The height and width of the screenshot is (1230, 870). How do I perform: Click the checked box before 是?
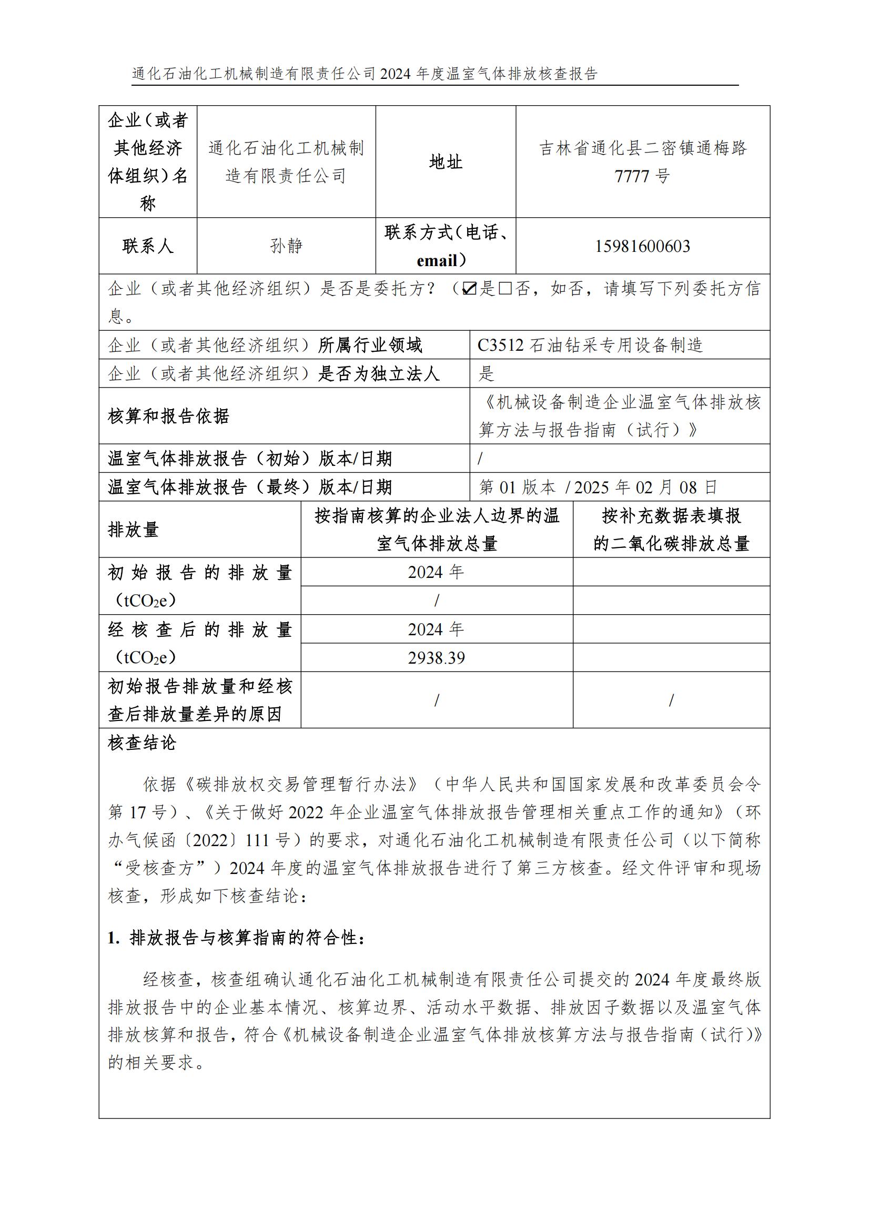point(469,289)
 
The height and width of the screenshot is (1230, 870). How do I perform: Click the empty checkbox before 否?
point(504,289)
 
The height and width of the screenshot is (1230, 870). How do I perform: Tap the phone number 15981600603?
point(642,247)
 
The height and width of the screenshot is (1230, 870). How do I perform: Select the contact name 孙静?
point(286,247)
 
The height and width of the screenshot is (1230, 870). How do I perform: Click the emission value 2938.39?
point(436,658)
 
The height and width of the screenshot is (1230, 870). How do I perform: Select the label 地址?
point(445,162)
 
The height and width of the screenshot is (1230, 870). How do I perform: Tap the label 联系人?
point(148,247)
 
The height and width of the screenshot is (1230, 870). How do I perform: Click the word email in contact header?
point(436,261)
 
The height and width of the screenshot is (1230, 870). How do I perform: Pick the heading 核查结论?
point(142,743)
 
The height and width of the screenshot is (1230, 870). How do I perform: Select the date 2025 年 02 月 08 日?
point(645,487)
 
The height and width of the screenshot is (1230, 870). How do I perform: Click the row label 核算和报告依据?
point(169,416)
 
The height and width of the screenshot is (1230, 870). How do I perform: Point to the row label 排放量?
point(134,530)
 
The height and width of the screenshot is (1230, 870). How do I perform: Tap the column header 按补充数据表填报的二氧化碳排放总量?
point(671,530)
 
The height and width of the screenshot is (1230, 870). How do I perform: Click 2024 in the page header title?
point(396,74)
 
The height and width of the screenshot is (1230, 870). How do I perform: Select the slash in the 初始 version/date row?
point(480,459)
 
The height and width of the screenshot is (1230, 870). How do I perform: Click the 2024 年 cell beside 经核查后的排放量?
point(436,629)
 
